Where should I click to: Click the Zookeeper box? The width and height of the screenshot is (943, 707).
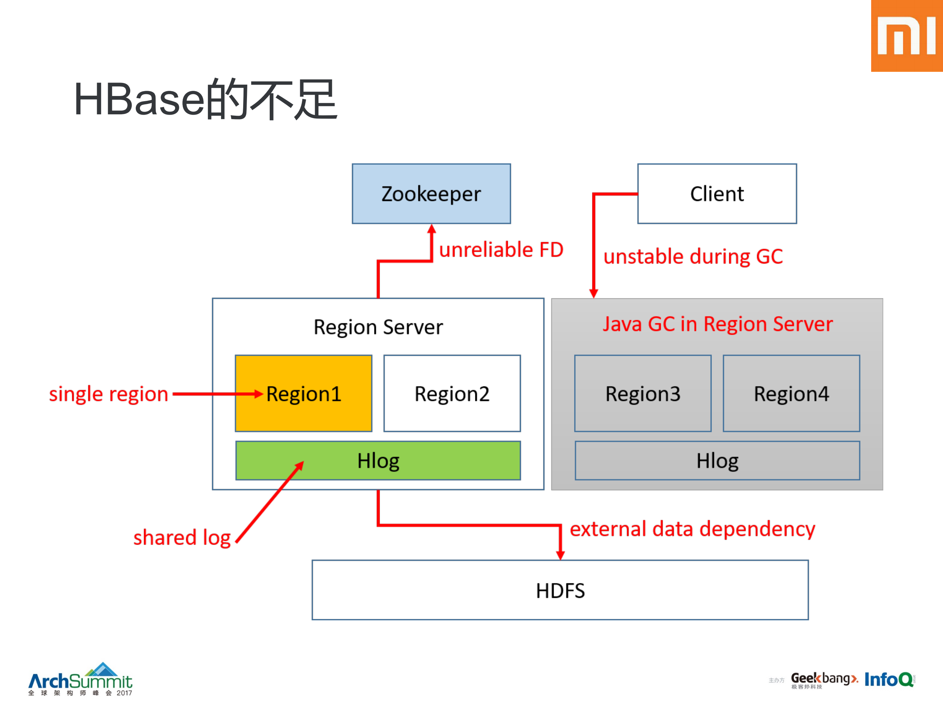coord(431,194)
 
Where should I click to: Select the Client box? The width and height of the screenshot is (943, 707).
coord(717,194)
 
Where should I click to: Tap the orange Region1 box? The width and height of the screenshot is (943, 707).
coord(303,393)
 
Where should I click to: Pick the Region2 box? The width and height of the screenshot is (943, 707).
coord(452,393)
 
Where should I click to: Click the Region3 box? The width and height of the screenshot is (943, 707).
coord(642,393)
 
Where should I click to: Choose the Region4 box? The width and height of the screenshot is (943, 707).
coord(791,393)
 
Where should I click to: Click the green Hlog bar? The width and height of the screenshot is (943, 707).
coord(378,461)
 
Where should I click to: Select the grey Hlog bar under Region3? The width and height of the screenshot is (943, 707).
coord(717,461)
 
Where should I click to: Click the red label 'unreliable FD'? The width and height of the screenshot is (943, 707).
coord(501,250)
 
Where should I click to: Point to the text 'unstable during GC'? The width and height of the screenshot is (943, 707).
coord(693,257)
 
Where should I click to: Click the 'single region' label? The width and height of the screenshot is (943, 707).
coord(109,394)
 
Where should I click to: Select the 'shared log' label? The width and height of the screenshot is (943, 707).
coord(182,537)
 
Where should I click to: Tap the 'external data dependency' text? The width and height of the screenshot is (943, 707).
coord(692,529)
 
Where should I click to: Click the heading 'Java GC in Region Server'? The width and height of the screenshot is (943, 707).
coord(717,324)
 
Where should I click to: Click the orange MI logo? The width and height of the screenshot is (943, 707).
coord(907,36)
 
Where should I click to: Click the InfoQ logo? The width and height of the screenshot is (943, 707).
coord(889,679)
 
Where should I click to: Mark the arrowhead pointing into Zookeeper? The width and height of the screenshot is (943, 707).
coord(431,229)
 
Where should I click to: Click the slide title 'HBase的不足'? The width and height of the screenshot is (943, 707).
coord(206,100)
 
